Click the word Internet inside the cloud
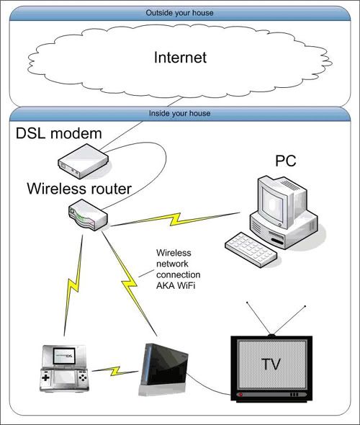pos(180,58)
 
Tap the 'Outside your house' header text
pos(179,13)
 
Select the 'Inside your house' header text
pos(179,113)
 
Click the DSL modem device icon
pos(84,161)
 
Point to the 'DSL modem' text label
pos(59,133)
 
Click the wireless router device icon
pos(88,215)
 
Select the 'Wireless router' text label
pos(79,189)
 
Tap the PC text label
pos(286,161)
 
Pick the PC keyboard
pos(251,250)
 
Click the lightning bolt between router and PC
pos(176,219)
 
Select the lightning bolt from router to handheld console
pos(73,285)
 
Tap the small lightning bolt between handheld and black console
pos(116,371)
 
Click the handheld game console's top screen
pos(64,356)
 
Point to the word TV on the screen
pos(271,364)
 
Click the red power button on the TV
pos(240,394)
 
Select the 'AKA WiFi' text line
pos(176,286)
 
